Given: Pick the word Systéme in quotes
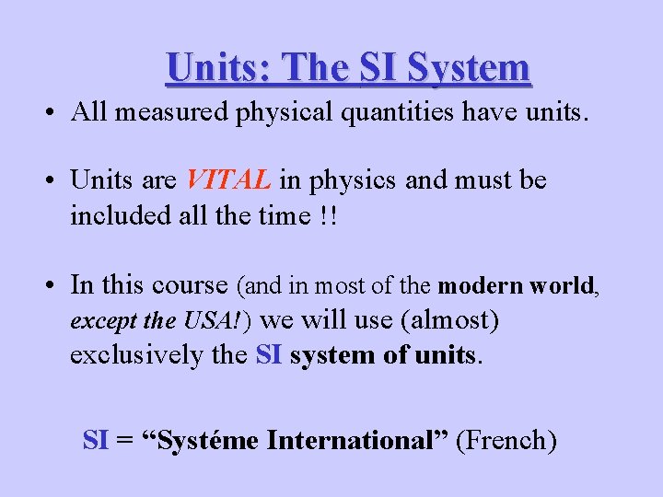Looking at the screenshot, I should [209, 441].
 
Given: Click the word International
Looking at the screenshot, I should [357, 441].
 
